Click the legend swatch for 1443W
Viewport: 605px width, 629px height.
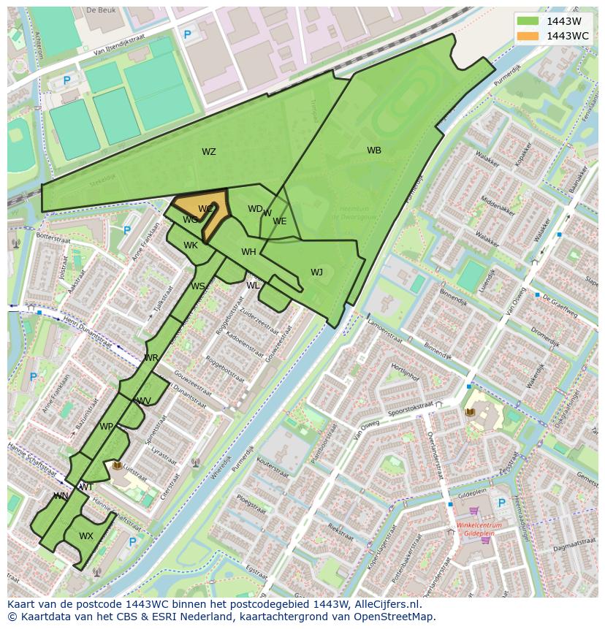528,22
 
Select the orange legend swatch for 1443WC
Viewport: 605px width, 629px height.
528,36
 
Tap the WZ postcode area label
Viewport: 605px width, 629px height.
209,152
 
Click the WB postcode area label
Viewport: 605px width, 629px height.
374,150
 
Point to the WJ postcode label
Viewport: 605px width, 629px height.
316,272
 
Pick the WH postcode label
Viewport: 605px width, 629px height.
248,252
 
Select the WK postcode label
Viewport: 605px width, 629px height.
191,245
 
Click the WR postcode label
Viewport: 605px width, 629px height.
151,358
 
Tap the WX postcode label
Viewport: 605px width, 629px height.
86,536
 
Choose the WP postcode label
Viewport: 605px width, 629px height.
107,427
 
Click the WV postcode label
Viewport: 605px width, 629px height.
144,401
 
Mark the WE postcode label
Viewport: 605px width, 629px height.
280,221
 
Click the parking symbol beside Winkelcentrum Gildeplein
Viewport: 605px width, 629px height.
501,503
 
